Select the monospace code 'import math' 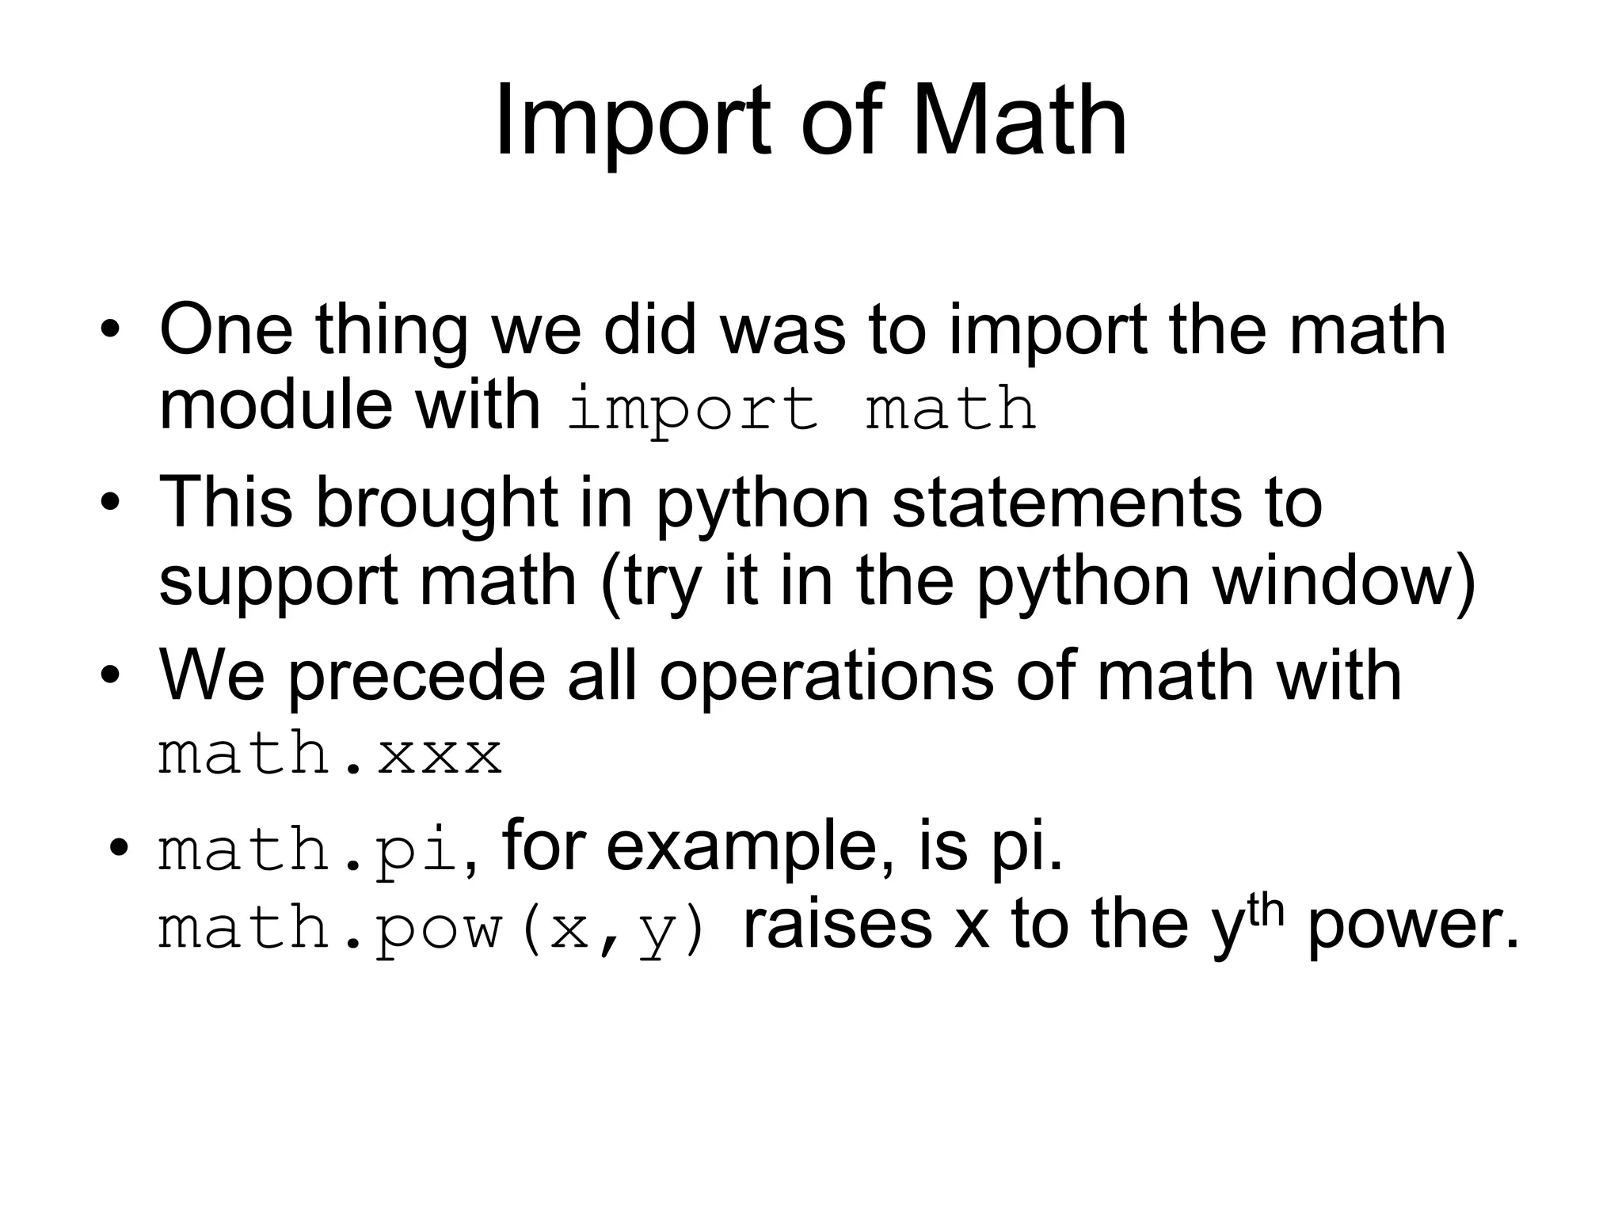click(801, 409)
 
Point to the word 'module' click(276, 406)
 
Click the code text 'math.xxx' click(330, 754)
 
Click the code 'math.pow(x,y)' click(432, 928)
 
